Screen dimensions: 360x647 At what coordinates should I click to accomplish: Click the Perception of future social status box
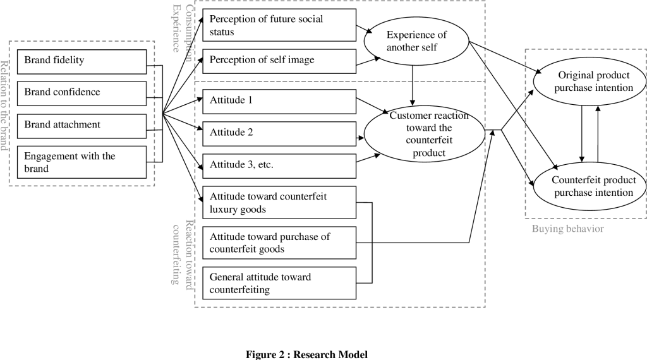click(279, 25)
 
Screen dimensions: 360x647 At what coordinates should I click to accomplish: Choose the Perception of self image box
click(279, 61)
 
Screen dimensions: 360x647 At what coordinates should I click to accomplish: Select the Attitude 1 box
click(279, 100)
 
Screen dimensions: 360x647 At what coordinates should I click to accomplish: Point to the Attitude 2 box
click(279, 132)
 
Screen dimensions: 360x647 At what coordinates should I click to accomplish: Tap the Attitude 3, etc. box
click(279, 165)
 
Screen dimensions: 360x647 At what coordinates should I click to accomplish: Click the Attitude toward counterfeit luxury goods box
click(279, 203)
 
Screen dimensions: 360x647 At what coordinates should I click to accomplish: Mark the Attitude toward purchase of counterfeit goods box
click(279, 243)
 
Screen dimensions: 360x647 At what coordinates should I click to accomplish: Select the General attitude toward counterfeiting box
click(279, 283)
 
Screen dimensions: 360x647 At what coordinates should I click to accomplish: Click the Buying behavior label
click(567, 229)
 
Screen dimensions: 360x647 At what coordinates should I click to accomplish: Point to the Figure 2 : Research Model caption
click(306, 354)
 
